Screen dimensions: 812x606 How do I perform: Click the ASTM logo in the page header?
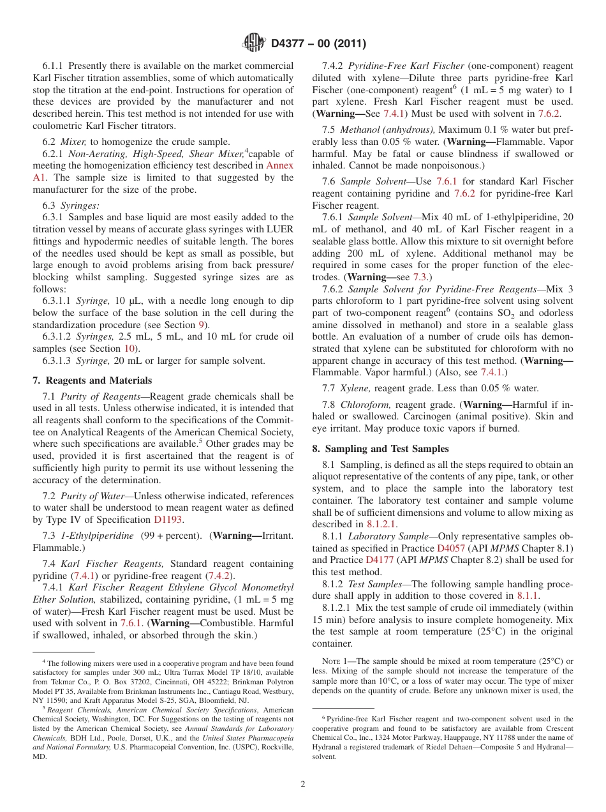click(x=255, y=43)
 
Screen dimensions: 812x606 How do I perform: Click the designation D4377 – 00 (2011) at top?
click(x=318, y=44)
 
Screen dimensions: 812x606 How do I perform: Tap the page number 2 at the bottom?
click(x=303, y=784)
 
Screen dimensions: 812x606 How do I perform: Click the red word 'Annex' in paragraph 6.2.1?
click(x=279, y=165)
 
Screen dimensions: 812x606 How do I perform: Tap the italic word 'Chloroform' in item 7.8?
click(x=366, y=405)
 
